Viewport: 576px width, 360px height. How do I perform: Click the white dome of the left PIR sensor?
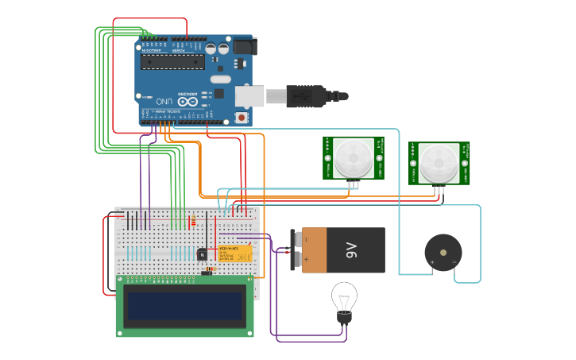[x=353, y=157]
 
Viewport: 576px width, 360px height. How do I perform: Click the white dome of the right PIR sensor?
[x=439, y=163]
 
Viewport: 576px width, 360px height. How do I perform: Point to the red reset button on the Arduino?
[x=241, y=118]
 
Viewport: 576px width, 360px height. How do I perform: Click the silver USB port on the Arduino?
[x=249, y=96]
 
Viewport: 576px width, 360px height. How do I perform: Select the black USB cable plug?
[x=306, y=96]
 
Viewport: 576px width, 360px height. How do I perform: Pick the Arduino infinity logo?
[x=188, y=101]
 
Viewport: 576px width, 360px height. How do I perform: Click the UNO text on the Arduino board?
[x=164, y=102]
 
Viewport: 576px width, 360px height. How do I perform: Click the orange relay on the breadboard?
[x=235, y=254]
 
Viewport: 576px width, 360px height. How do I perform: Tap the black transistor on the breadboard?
[x=203, y=254]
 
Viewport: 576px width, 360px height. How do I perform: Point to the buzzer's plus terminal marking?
[x=432, y=261]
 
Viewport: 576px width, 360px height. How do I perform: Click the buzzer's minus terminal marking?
[x=454, y=261]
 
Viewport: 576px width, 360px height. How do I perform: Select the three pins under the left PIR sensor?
[x=353, y=184]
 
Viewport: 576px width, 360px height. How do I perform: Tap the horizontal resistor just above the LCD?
[x=210, y=270]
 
